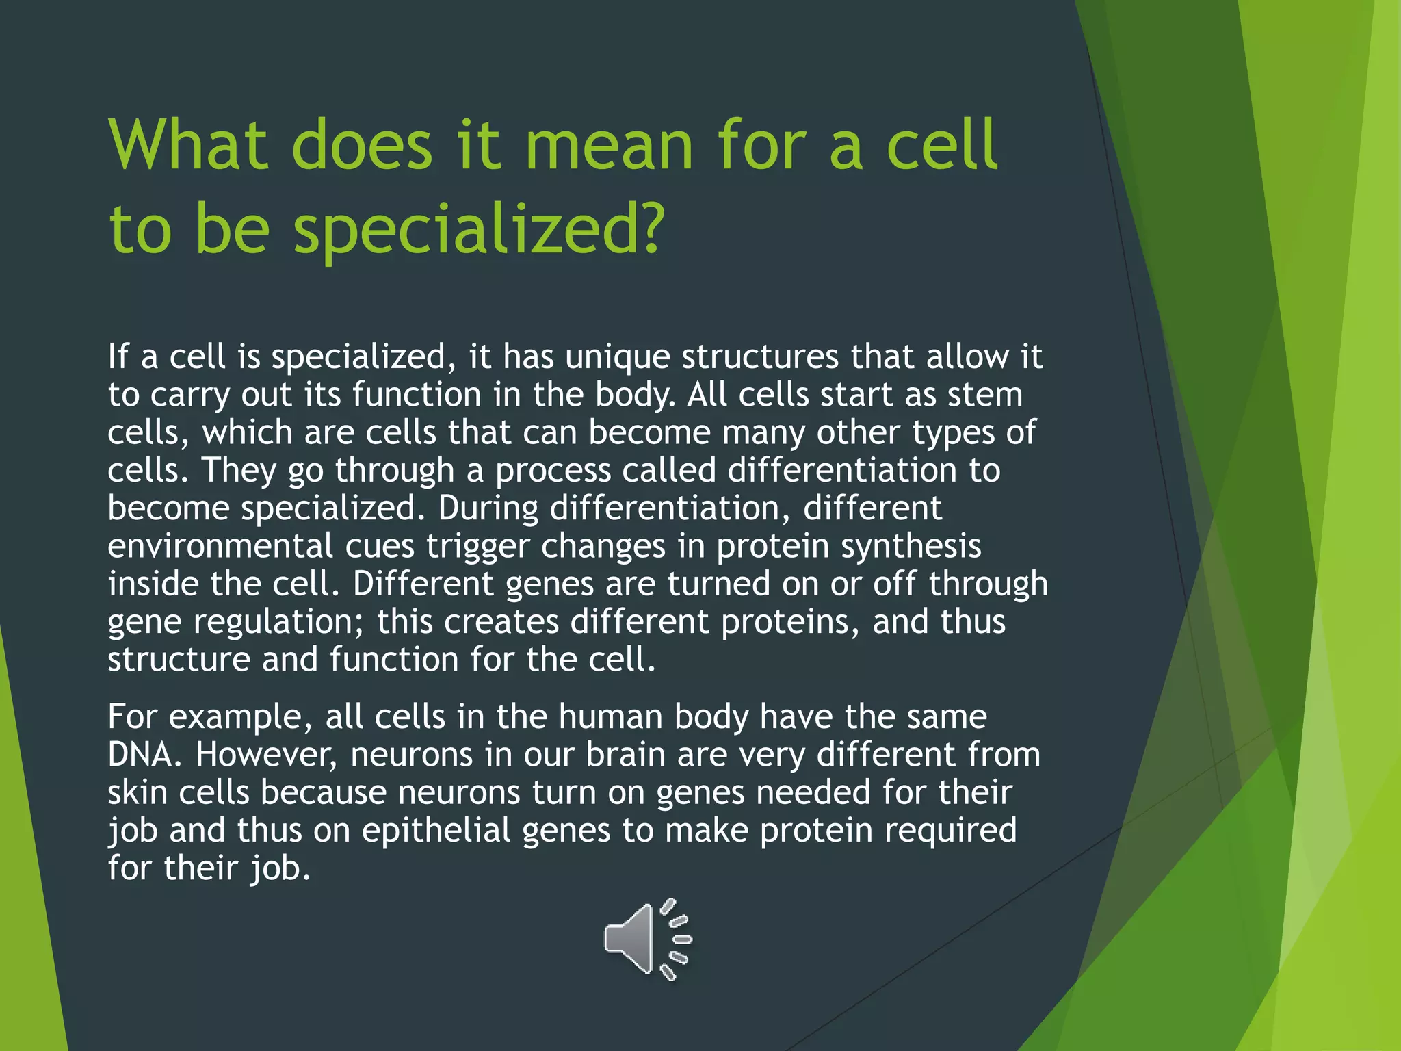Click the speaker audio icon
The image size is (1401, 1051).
tap(646, 939)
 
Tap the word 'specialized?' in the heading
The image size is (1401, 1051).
tap(479, 229)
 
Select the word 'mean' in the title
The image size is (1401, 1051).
tap(609, 145)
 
